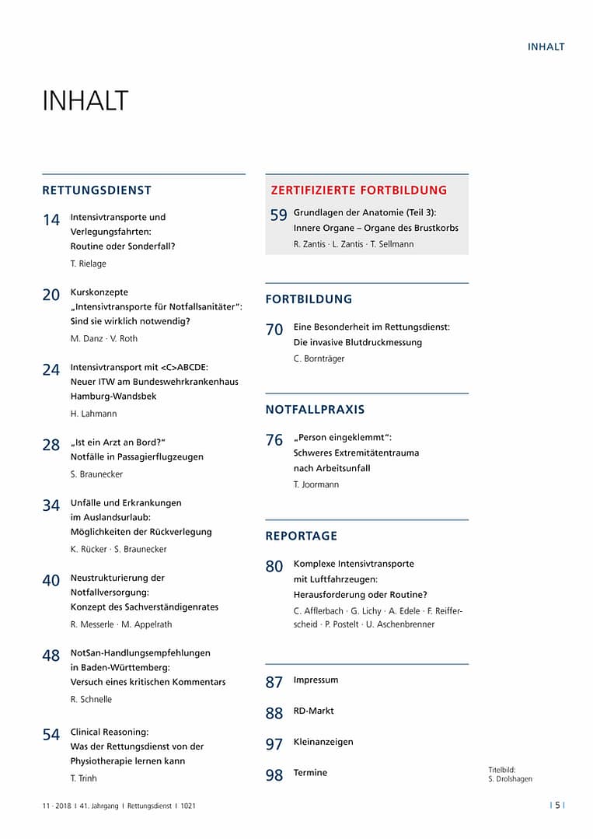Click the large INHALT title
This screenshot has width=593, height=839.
(x=85, y=101)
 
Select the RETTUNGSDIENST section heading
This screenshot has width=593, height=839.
(x=97, y=190)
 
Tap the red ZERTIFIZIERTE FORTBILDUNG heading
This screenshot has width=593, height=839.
(x=358, y=190)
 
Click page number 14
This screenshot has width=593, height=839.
(x=51, y=221)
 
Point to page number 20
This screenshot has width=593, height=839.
(x=51, y=295)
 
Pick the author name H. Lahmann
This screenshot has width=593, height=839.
(x=93, y=414)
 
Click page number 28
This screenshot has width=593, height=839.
(x=51, y=446)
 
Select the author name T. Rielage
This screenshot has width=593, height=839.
(x=88, y=264)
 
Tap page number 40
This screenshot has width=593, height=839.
(x=51, y=581)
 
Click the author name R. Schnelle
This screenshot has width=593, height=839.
(x=91, y=699)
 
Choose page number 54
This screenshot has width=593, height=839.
(x=51, y=735)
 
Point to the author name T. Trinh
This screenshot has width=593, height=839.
(x=84, y=778)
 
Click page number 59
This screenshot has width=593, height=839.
(x=279, y=216)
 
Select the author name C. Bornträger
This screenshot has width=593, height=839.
(x=319, y=358)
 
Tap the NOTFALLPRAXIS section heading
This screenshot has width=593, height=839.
(x=315, y=409)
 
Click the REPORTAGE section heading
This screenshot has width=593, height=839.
(x=302, y=536)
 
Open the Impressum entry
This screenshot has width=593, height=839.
(x=316, y=680)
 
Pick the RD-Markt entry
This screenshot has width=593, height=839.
(x=313, y=711)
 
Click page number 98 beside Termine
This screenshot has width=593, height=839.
(x=274, y=775)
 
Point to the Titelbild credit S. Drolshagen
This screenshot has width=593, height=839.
(x=504, y=778)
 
